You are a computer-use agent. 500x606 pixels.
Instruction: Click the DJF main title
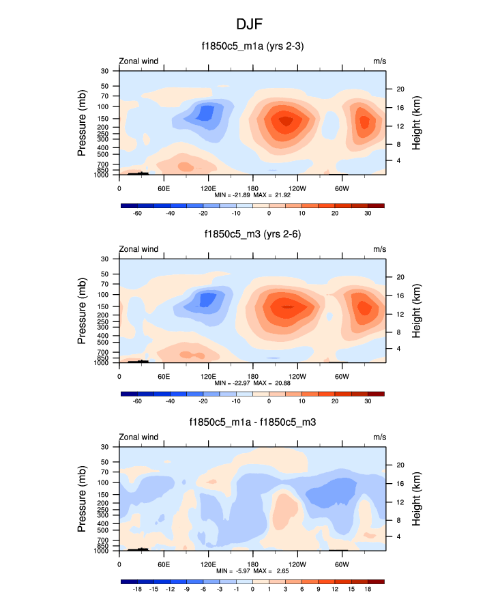(x=250, y=24)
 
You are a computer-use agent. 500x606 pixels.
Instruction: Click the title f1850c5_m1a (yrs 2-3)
(x=250, y=46)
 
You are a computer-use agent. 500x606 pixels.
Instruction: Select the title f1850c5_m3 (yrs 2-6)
(x=250, y=235)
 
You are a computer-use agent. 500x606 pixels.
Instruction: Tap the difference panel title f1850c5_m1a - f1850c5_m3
(x=250, y=422)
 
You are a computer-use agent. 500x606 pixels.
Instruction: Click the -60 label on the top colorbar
(x=137, y=213)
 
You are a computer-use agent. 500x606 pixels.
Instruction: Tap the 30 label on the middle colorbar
(x=368, y=401)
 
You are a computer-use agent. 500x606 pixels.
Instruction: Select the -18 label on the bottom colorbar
(x=137, y=589)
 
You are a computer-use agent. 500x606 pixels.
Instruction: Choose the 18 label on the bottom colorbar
(x=368, y=589)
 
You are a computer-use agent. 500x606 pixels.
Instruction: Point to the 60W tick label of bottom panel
(x=342, y=564)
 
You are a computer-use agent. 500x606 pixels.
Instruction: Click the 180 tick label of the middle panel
(x=252, y=377)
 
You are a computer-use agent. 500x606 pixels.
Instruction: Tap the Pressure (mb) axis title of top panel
(x=82, y=123)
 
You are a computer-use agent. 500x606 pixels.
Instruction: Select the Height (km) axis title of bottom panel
(x=416, y=498)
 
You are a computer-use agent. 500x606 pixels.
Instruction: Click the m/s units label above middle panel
(x=379, y=249)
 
